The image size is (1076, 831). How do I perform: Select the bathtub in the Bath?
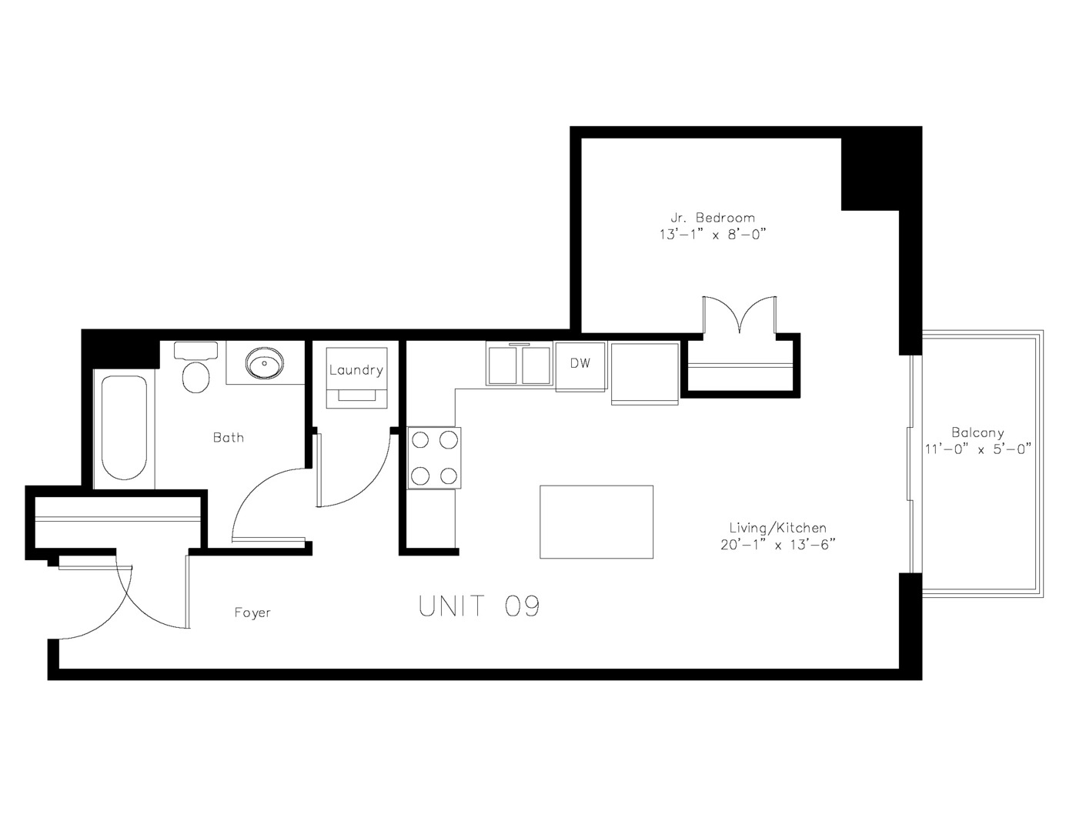(x=124, y=428)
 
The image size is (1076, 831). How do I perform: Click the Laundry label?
(x=356, y=370)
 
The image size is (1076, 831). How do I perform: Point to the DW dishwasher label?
(x=580, y=363)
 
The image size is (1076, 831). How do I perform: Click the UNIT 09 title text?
(x=479, y=606)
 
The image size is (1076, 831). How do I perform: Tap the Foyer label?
(x=252, y=613)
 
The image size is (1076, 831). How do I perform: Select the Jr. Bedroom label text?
(x=712, y=218)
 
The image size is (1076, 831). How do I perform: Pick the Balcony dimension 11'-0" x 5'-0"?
(x=977, y=449)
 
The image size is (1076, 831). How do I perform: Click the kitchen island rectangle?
(x=596, y=522)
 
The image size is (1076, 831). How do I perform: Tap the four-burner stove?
(x=435, y=458)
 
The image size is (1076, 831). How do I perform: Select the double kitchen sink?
(x=520, y=365)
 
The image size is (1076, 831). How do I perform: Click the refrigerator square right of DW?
(x=645, y=372)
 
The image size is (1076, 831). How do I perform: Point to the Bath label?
(x=229, y=438)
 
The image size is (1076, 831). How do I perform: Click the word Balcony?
(x=977, y=432)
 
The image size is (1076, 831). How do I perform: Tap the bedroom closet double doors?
(x=740, y=315)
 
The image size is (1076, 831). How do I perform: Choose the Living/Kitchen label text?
(x=777, y=528)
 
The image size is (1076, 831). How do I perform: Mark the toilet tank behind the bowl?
(x=196, y=350)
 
